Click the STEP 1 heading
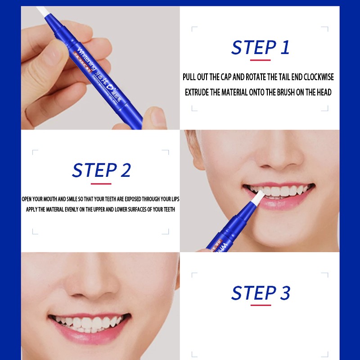[x=260, y=47]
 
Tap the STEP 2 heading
[x=101, y=171]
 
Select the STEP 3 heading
[x=261, y=293]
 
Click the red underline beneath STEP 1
[x=260, y=60]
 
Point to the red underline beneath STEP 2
[x=101, y=184]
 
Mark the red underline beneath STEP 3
[x=260, y=305]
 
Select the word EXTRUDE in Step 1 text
[x=198, y=92]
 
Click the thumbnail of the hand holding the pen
[x=100, y=67]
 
